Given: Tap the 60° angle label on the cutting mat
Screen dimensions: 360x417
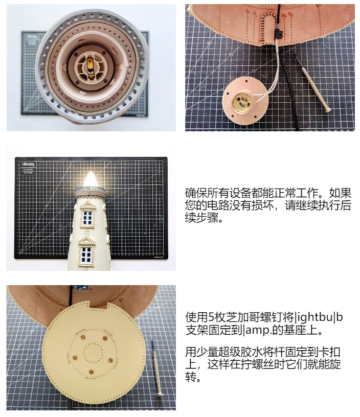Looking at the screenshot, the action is (210, 43).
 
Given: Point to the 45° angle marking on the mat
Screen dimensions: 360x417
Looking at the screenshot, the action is (232, 54).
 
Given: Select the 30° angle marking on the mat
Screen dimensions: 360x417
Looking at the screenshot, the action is (254, 71).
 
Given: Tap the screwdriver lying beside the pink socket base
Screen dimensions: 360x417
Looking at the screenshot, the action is (312, 83).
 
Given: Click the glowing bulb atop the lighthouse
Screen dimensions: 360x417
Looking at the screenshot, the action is (90, 179).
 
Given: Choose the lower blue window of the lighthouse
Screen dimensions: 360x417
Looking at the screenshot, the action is (86, 254).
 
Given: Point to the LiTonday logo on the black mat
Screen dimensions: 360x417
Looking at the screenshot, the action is (28, 164).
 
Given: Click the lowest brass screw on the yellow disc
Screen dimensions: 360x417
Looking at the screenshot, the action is (91, 372).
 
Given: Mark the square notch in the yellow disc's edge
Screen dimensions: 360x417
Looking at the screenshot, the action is (99, 305).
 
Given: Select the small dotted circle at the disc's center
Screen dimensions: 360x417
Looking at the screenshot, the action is (93, 353).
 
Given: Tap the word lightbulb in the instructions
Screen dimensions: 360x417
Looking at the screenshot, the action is (319, 317).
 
